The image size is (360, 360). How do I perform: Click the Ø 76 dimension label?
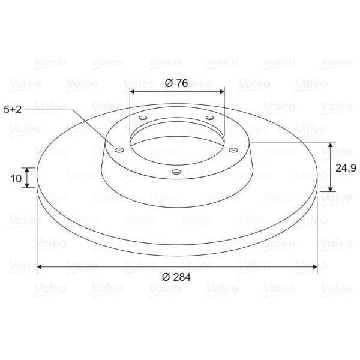coord(176,83)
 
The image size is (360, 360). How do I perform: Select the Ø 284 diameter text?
coord(176,276)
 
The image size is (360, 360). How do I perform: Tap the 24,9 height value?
coord(346,167)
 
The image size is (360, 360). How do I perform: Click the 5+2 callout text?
coord(14,109)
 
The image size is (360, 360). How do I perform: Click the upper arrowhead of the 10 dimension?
coord(26,170)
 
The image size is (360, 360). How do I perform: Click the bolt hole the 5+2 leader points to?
coord(119,148)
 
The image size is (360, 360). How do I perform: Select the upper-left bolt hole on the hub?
coord(142,118)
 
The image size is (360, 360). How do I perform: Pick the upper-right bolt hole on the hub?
coord(209,118)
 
